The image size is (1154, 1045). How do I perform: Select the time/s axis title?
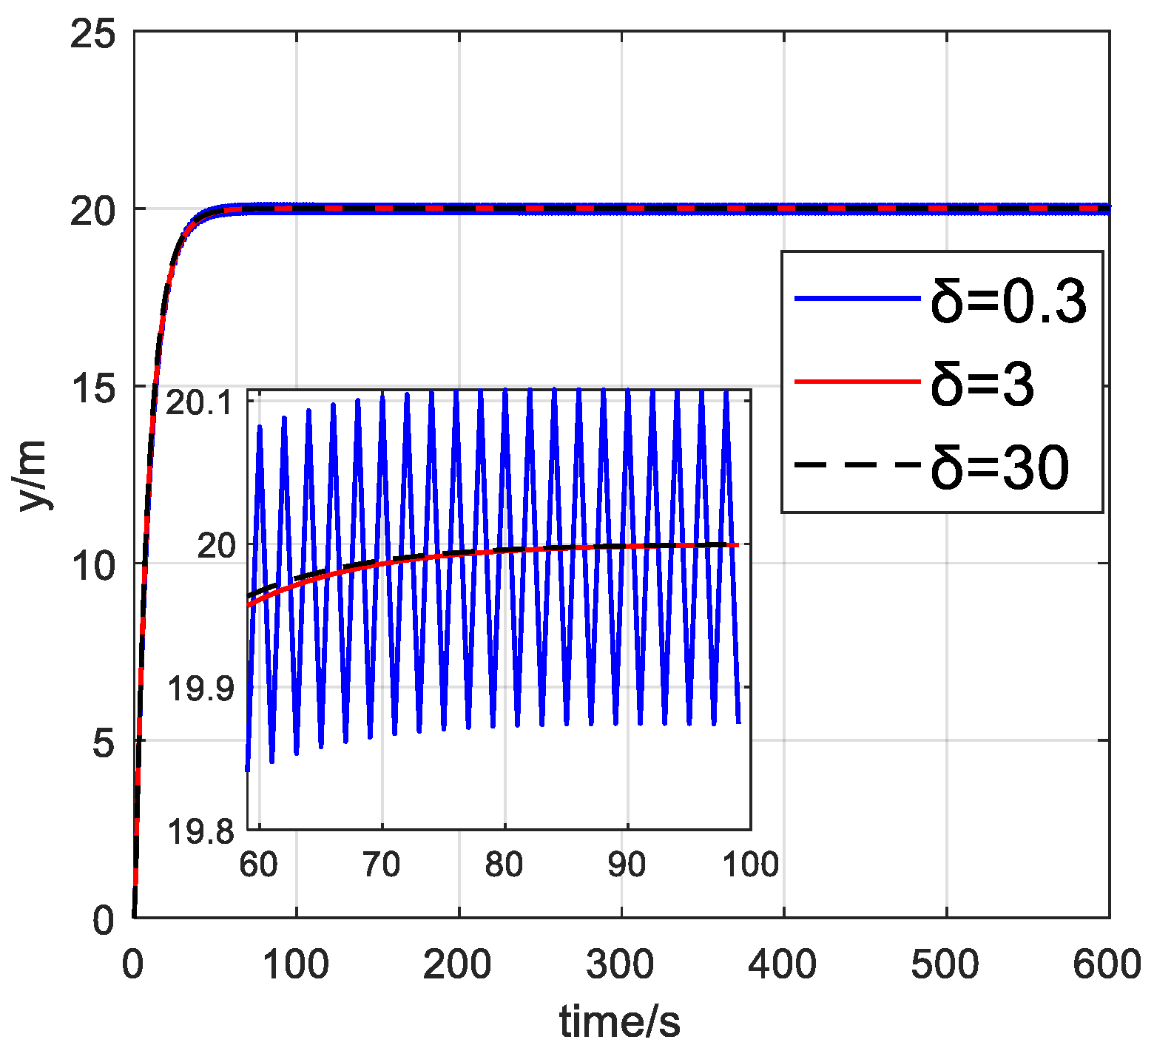(x=620, y=1022)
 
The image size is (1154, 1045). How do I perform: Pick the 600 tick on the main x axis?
(x=1107, y=964)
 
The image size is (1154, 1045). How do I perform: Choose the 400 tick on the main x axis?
(x=783, y=964)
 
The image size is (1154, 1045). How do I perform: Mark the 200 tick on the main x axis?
(x=459, y=964)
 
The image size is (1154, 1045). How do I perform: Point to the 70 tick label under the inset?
(x=382, y=864)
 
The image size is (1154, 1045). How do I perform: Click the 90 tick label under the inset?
(x=627, y=864)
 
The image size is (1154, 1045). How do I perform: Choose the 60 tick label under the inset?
(x=259, y=864)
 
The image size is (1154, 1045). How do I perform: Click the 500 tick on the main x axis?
(x=946, y=964)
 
